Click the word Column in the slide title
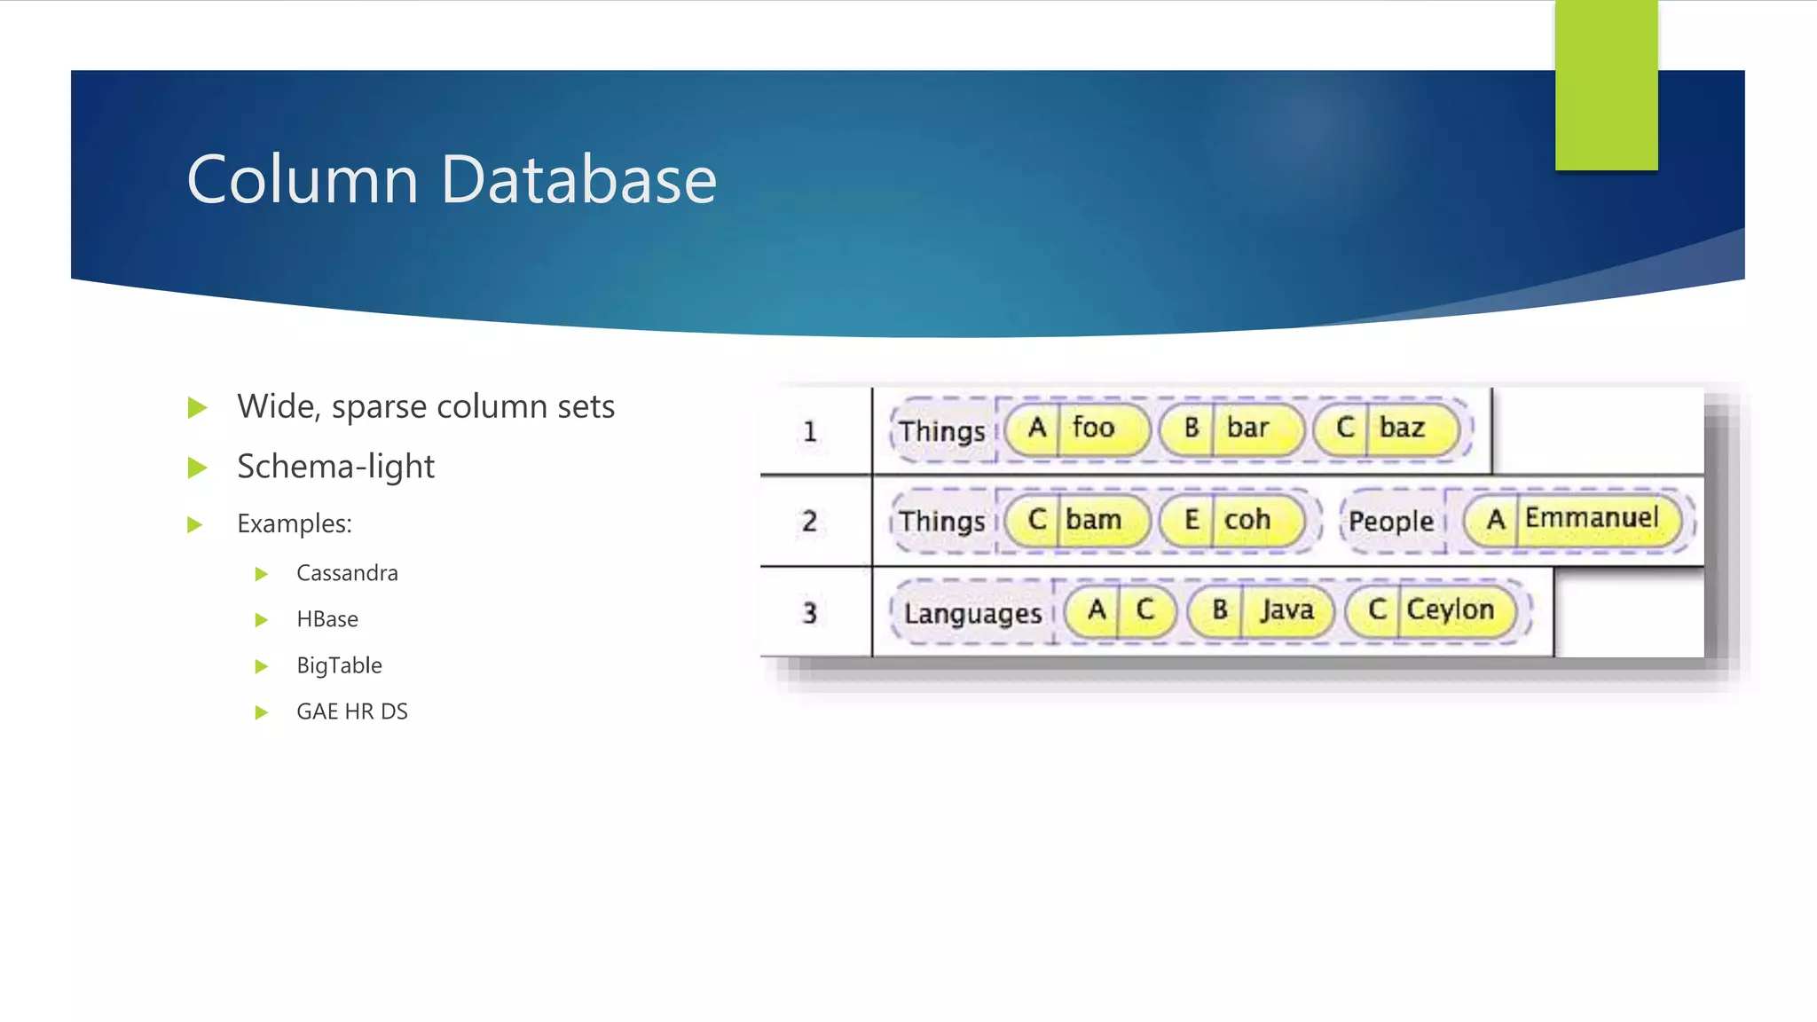[x=302, y=179]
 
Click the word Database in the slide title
[x=578, y=179]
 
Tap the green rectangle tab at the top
[x=1606, y=85]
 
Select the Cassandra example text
[x=347, y=573]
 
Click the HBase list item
[x=327, y=619]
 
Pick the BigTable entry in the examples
[x=339, y=665]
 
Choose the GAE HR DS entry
[x=352, y=711]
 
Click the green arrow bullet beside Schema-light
[x=197, y=468]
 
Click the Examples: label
[x=295, y=523]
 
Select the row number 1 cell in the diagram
[x=809, y=432]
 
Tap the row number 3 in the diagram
[x=809, y=613]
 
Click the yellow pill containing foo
[x=1077, y=428]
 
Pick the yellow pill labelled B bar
[x=1231, y=428]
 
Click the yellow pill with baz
[x=1385, y=428]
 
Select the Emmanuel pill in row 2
[x=1572, y=519]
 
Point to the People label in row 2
[x=1390, y=522]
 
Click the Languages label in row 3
[x=972, y=613]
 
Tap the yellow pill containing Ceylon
[x=1430, y=610]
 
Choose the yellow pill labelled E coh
[x=1231, y=520]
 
